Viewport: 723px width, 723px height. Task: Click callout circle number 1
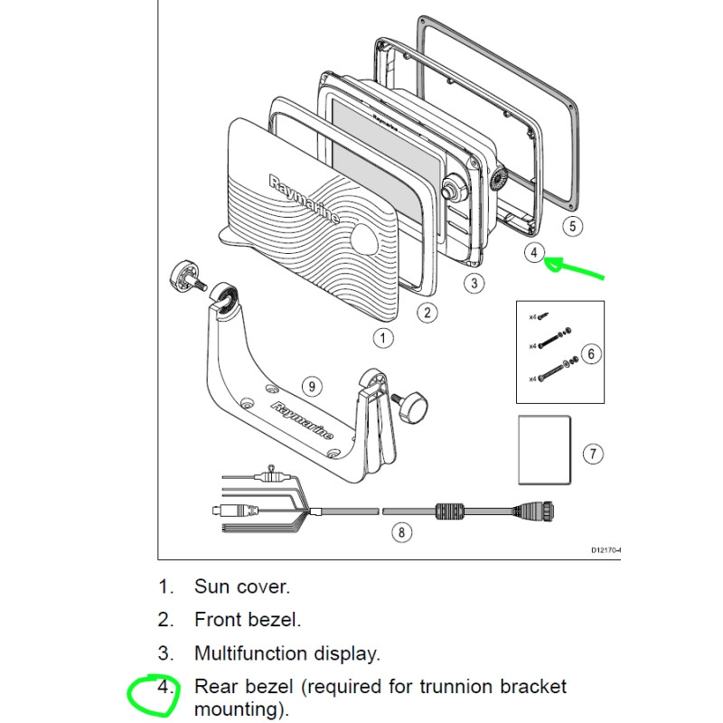(384, 338)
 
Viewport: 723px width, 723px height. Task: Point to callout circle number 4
(534, 252)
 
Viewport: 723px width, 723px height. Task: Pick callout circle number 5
(572, 226)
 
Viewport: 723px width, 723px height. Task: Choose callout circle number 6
(590, 353)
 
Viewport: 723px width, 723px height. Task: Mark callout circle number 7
(592, 453)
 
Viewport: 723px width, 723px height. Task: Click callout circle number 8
(402, 531)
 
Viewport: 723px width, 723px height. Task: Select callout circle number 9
(311, 387)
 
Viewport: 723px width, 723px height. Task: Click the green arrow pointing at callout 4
(578, 268)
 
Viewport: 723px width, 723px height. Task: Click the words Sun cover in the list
(242, 587)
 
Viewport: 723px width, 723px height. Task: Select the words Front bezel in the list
(248, 620)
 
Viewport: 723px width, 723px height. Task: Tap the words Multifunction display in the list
(286, 653)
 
